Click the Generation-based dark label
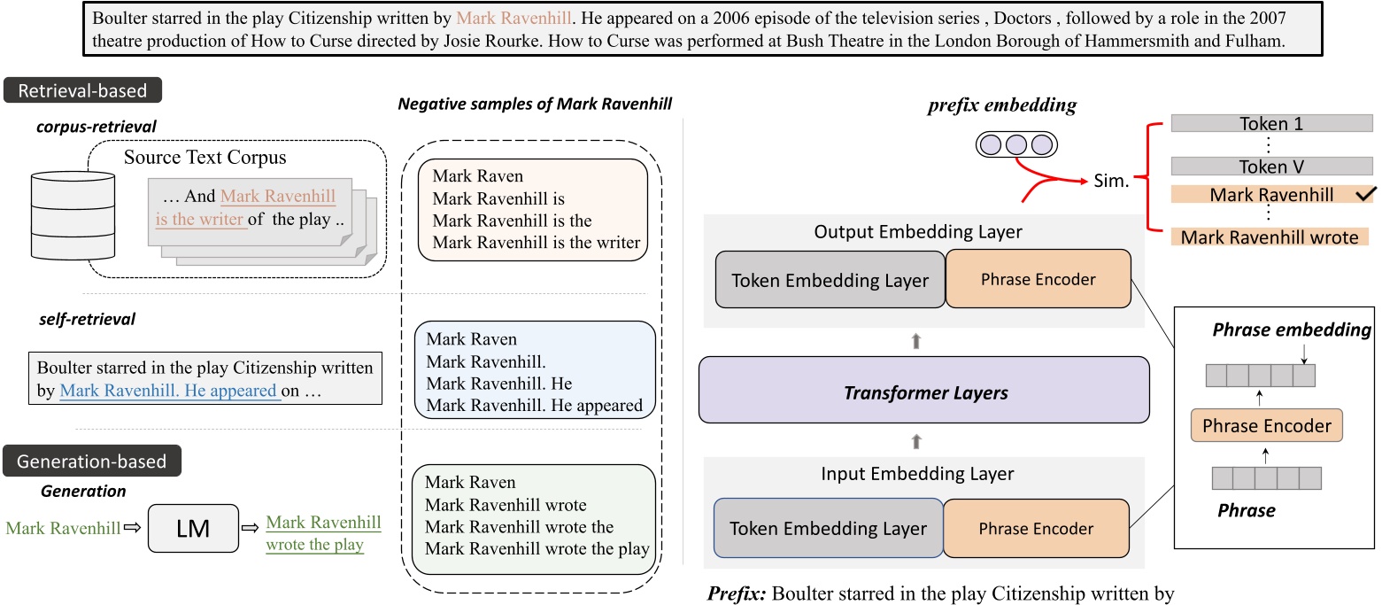pos(92,462)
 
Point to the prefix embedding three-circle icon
pos(1015,144)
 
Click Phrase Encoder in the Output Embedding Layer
pos(1038,280)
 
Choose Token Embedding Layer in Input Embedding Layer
pos(828,529)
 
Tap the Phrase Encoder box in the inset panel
pos(1267,425)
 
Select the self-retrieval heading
pos(86,319)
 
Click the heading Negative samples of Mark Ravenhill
pos(535,104)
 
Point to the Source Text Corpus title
pos(205,159)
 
